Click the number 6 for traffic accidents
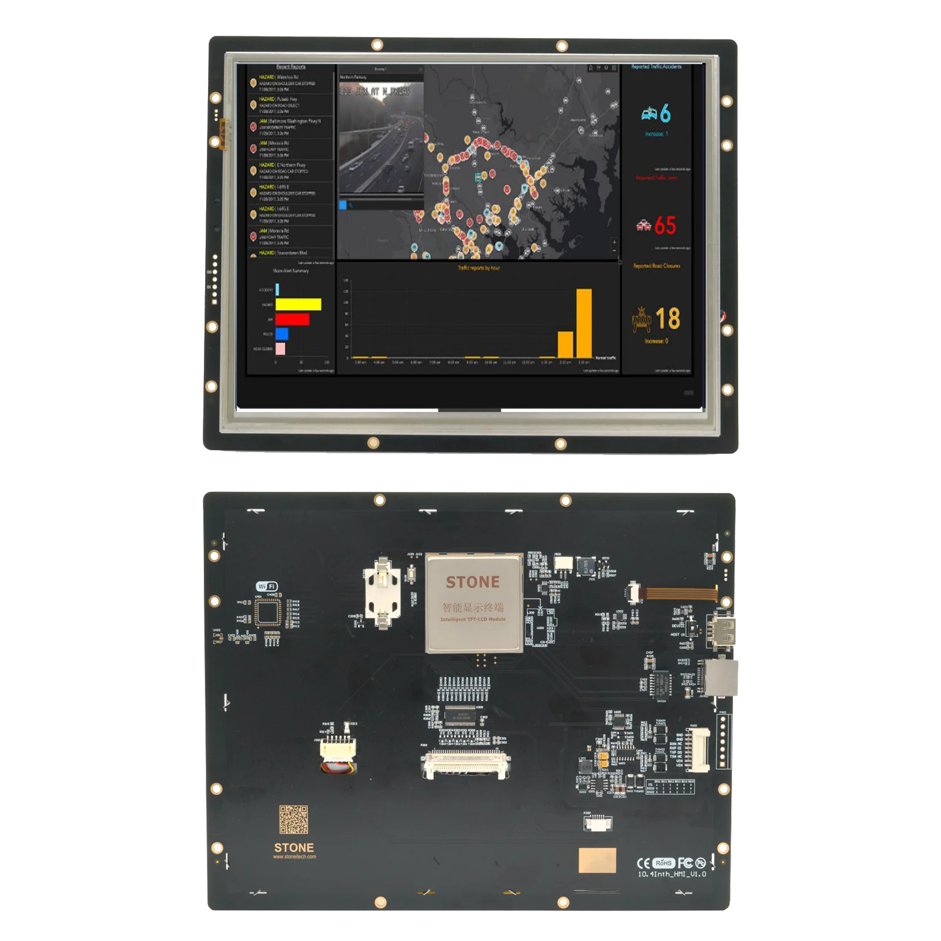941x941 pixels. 665,113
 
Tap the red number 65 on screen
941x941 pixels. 665,225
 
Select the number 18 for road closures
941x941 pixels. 668,319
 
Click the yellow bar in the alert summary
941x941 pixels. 298,304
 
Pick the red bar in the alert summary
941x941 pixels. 292,319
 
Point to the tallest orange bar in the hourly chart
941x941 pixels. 584,323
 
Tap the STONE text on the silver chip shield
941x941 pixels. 473,582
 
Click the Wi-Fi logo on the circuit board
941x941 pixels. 266,586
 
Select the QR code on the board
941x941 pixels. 293,819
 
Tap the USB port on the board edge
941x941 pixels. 724,631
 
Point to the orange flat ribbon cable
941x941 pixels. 677,592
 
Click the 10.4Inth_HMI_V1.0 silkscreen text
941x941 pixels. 672,874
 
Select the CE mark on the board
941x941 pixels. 643,863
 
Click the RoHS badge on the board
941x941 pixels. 664,863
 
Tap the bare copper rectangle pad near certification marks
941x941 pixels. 597,860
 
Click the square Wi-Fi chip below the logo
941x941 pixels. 269,614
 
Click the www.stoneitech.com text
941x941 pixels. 294,857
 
